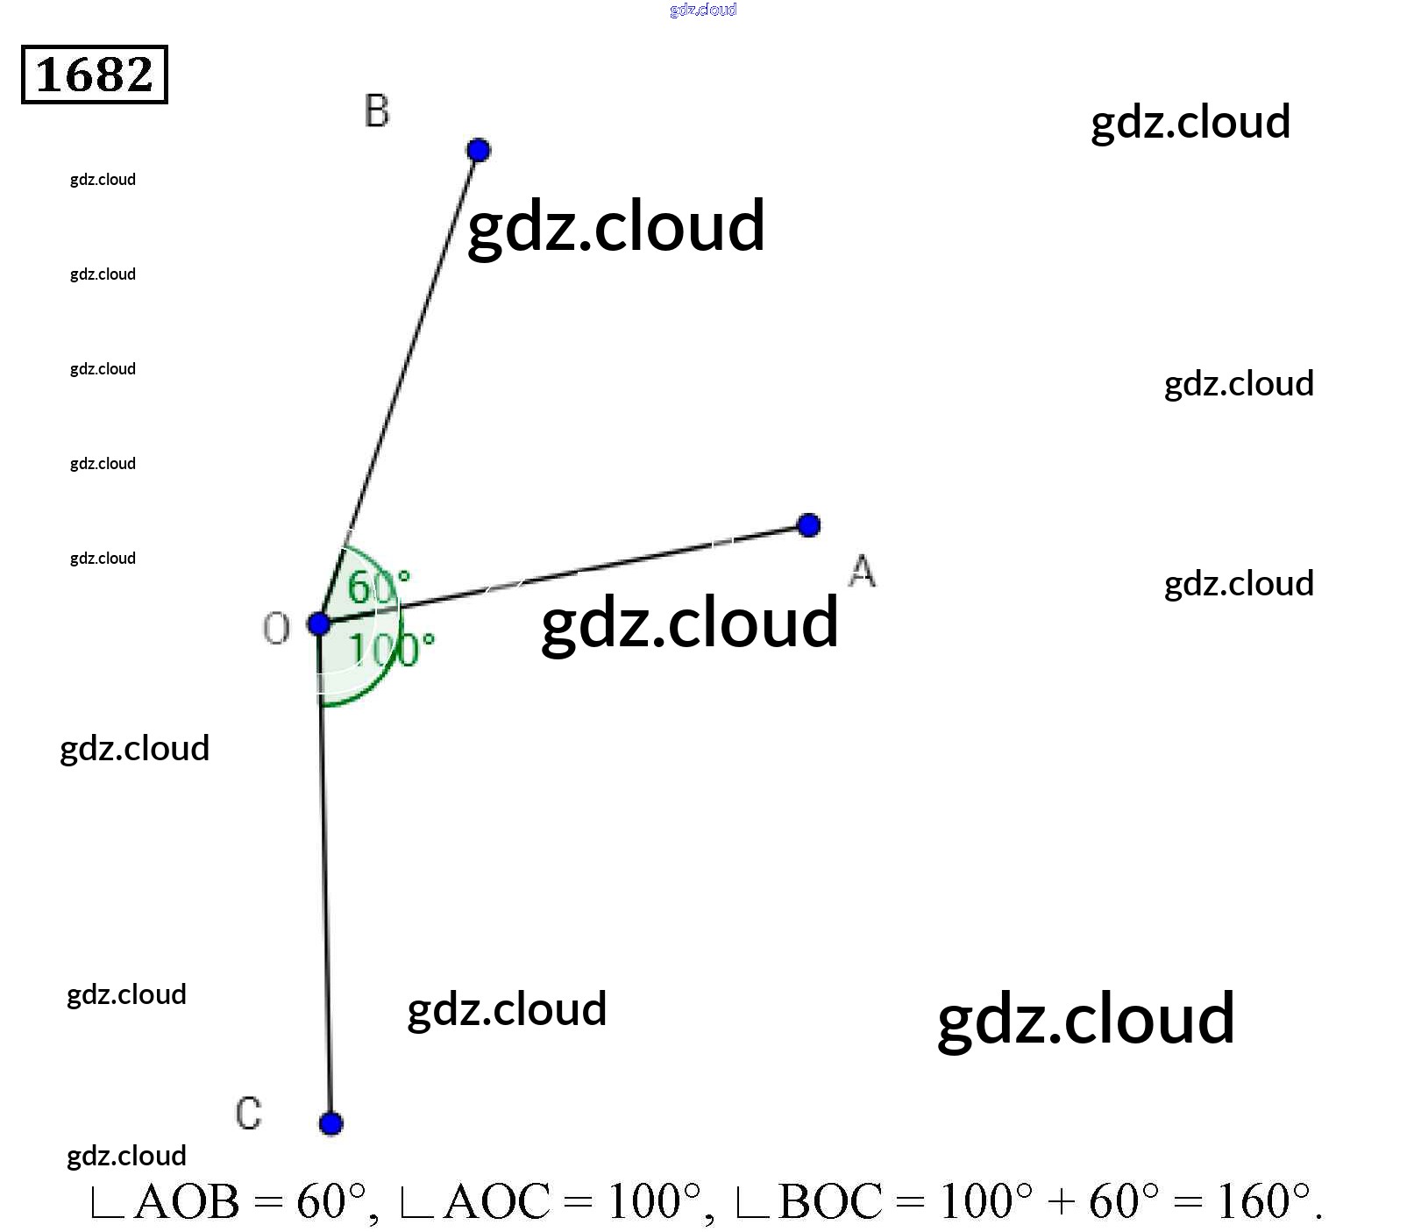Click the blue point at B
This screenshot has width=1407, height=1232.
click(478, 150)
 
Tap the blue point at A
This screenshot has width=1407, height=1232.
click(808, 525)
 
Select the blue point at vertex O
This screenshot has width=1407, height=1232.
click(319, 624)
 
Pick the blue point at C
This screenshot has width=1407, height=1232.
click(330, 1123)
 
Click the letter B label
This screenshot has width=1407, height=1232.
click(377, 111)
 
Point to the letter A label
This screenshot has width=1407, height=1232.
click(862, 571)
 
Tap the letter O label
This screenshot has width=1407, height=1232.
click(276, 629)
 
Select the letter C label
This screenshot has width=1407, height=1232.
click(248, 1114)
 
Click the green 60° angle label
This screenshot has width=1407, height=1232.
click(378, 587)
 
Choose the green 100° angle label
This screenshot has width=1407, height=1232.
click(391, 650)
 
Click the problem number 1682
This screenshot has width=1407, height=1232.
click(95, 75)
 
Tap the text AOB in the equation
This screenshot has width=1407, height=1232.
click(187, 1202)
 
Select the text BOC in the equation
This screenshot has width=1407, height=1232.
click(830, 1202)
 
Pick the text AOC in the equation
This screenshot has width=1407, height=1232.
click(497, 1202)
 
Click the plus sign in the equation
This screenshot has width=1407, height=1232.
click(1061, 1202)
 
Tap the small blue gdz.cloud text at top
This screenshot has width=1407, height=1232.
click(703, 10)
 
